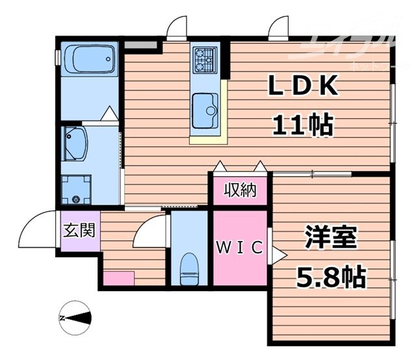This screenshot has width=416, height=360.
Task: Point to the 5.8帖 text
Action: click(331, 277)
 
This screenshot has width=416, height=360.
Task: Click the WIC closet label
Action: click(240, 248)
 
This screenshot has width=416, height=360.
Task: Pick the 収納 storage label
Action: click(240, 190)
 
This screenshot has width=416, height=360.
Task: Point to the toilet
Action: click(188, 268)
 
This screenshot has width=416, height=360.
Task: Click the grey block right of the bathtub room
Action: click(141, 45)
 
